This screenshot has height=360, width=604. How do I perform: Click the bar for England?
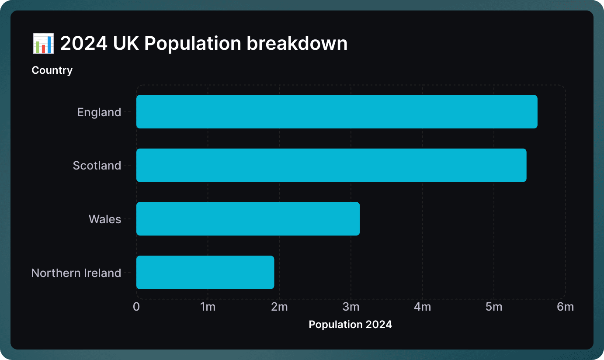coord(337,112)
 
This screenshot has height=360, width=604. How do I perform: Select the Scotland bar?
coord(331,165)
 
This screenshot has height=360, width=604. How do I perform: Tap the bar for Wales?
coord(248,219)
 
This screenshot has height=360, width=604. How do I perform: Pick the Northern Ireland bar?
coord(205,272)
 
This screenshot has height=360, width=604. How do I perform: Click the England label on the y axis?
coord(99,112)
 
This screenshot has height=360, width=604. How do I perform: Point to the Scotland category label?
coord(97,166)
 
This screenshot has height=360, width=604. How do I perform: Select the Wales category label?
coord(105,219)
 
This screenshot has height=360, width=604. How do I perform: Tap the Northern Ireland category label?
coord(76,273)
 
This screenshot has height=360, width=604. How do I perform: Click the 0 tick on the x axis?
coord(136,307)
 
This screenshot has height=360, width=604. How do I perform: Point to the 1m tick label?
coord(208,307)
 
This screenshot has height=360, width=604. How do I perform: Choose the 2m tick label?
coord(279,307)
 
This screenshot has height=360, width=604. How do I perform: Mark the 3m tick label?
coord(351,307)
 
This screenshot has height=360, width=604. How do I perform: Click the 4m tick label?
coord(422,307)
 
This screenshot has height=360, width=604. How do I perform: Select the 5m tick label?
coord(494,307)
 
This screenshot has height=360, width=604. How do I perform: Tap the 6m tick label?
coord(565,307)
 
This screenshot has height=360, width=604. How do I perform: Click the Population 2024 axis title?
coord(350,325)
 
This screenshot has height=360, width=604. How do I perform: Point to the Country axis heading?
coord(52,70)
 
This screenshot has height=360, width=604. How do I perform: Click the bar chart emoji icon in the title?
coord(43,44)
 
